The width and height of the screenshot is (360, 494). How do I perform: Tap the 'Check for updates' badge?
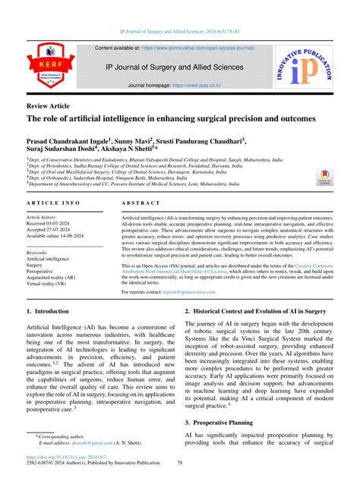coord(325,179)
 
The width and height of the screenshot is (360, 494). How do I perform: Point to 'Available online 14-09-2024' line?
coord(62,238)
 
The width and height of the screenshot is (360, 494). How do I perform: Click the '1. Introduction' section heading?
coord(50,312)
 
